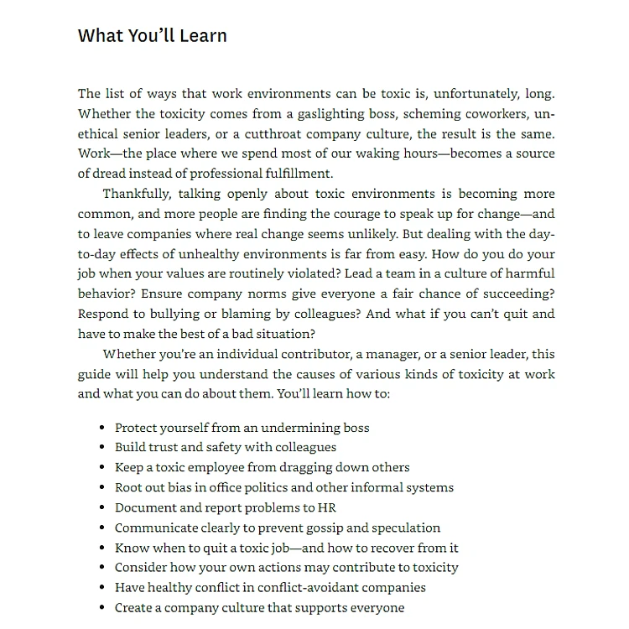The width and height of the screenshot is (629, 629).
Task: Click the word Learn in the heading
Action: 202,36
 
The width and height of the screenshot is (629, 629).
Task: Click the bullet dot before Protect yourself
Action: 101,428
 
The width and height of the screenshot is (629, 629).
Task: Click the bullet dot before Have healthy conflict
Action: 101,588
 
